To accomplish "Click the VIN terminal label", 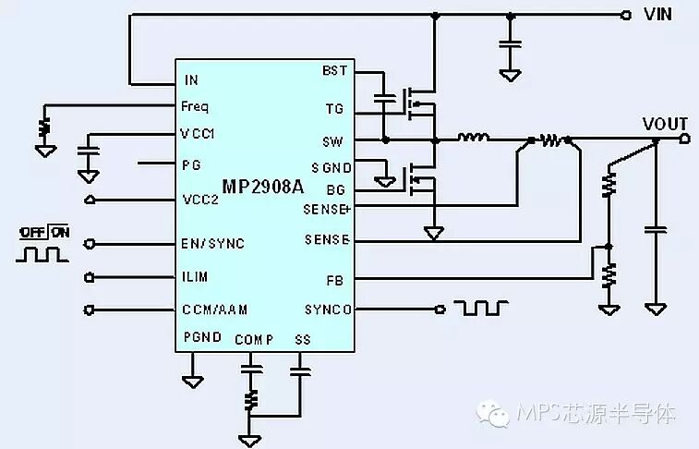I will point(657,14).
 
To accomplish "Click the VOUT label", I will point(665,124).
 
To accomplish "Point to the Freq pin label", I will point(195,107).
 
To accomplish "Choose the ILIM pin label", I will point(195,276).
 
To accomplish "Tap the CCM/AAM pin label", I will point(214,309).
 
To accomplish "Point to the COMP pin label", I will point(254,340).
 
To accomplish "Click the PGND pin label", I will point(202,336).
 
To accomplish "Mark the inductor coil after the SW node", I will point(474,139).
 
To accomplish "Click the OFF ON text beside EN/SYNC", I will point(43,232).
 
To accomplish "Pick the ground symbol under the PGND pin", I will point(193,379).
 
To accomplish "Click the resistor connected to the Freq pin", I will point(43,126).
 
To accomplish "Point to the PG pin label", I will point(191,164).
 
